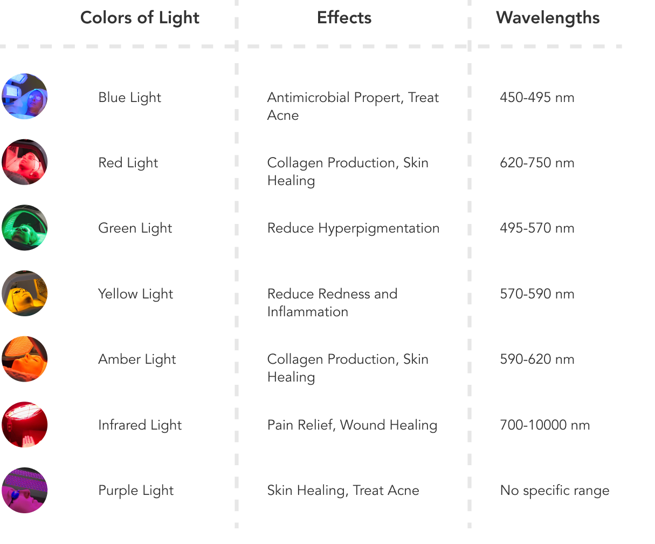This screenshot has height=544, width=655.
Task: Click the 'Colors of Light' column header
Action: (140, 18)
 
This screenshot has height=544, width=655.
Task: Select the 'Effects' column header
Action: (344, 18)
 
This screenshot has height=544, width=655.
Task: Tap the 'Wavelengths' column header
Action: (547, 18)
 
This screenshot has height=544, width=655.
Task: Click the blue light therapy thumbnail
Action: (24, 97)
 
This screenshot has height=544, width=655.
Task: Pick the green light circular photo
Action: (24, 228)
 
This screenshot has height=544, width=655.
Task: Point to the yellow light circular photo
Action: (24, 294)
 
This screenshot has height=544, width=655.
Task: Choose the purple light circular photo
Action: (24, 490)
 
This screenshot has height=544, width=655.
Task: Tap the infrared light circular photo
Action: (24, 425)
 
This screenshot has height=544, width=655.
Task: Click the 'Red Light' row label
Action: (128, 163)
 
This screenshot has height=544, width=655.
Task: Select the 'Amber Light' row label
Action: (137, 359)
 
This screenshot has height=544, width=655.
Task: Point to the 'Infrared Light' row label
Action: (140, 425)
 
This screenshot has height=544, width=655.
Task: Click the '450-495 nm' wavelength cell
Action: (537, 98)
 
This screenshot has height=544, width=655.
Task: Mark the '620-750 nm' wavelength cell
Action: (537, 163)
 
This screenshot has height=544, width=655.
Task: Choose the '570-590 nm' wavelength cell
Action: (537, 294)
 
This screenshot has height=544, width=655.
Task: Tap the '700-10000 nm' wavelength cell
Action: (544, 425)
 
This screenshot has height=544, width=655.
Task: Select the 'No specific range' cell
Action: (554, 491)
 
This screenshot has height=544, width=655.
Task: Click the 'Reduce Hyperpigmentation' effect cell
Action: (353, 228)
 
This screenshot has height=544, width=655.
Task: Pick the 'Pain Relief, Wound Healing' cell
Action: (352, 425)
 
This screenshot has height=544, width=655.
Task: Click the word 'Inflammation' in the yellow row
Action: (307, 312)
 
